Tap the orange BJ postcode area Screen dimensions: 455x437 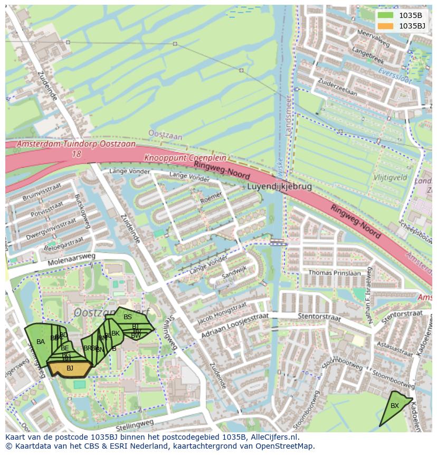(70, 368)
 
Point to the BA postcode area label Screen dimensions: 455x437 (41, 342)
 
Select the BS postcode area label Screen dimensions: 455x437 (128, 317)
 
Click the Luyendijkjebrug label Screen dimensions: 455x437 (279, 187)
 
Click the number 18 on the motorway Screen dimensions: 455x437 (77, 154)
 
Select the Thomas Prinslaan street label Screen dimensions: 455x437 (335, 273)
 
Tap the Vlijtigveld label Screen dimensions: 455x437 (390, 178)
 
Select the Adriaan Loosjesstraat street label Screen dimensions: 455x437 (234, 326)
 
